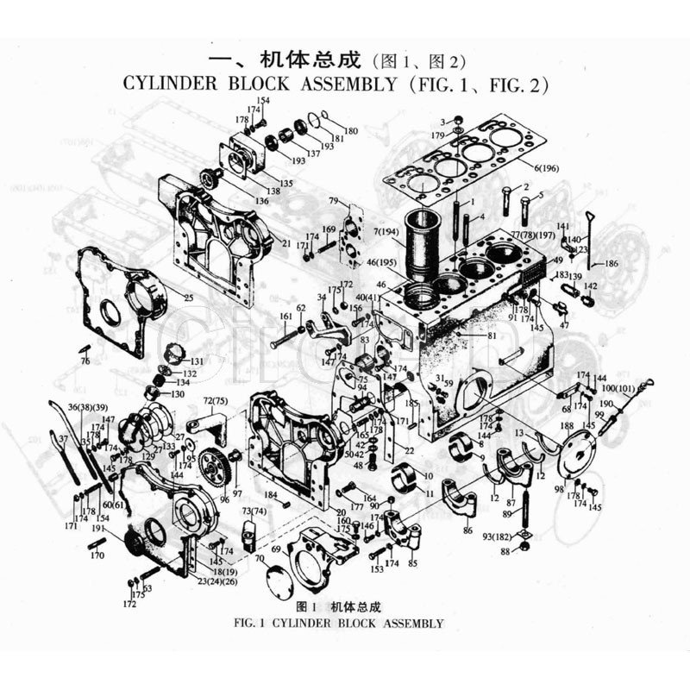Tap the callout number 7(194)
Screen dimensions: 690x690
coord(386,233)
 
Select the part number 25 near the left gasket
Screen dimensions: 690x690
coord(186,298)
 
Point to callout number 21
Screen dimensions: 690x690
coord(285,244)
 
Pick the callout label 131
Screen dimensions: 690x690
coord(198,361)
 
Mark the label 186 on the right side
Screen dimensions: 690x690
coord(611,263)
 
